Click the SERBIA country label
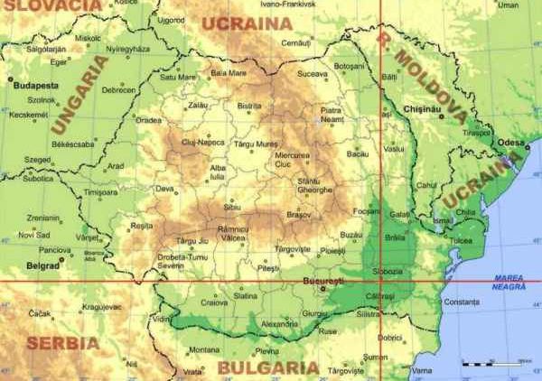[63, 343]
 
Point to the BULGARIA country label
[268, 368]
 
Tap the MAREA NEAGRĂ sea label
[509, 282]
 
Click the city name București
[323, 282]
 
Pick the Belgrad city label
[42, 266]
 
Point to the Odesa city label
[509, 143]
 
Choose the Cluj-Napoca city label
[202, 143]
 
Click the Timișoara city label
[100, 192]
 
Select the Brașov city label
[298, 215]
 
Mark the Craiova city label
[214, 302]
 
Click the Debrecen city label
[118, 90]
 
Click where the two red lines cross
[380, 282]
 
